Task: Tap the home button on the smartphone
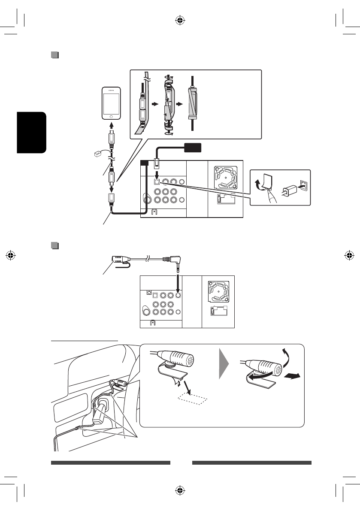pos(112,116)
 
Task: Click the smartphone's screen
pos(112,103)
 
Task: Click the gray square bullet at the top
pos(54,55)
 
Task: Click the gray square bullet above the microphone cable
pos(54,246)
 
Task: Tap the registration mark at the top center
pos(180,20)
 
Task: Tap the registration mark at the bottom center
pos(180,490)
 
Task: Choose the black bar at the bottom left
pos(110,463)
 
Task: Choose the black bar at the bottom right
pos(251,463)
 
